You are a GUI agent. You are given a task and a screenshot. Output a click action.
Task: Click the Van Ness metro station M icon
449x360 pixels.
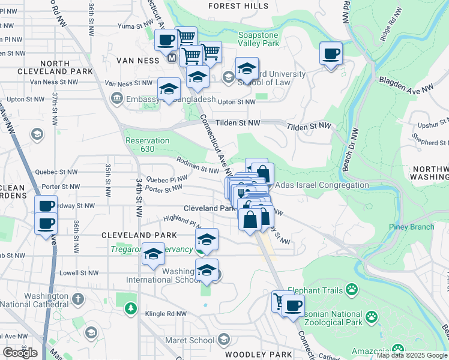tap(172, 59)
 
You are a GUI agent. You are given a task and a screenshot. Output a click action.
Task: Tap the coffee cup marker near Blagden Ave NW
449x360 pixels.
tap(331, 54)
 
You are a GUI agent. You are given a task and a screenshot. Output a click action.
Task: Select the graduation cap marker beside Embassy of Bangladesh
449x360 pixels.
tap(169, 90)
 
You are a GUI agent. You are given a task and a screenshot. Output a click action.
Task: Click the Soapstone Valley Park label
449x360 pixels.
tap(259, 39)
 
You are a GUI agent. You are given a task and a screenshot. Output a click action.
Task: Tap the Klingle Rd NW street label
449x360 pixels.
tap(166, 314)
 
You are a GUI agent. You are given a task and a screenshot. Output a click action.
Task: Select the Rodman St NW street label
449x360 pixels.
tap(197, 165)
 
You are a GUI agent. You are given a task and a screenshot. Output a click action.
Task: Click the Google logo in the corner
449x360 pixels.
tap(20, 352)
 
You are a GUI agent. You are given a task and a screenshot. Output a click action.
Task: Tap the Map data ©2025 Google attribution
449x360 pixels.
tap(412, 355)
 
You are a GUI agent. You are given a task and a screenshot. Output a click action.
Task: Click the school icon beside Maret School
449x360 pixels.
tap(223, 341)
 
